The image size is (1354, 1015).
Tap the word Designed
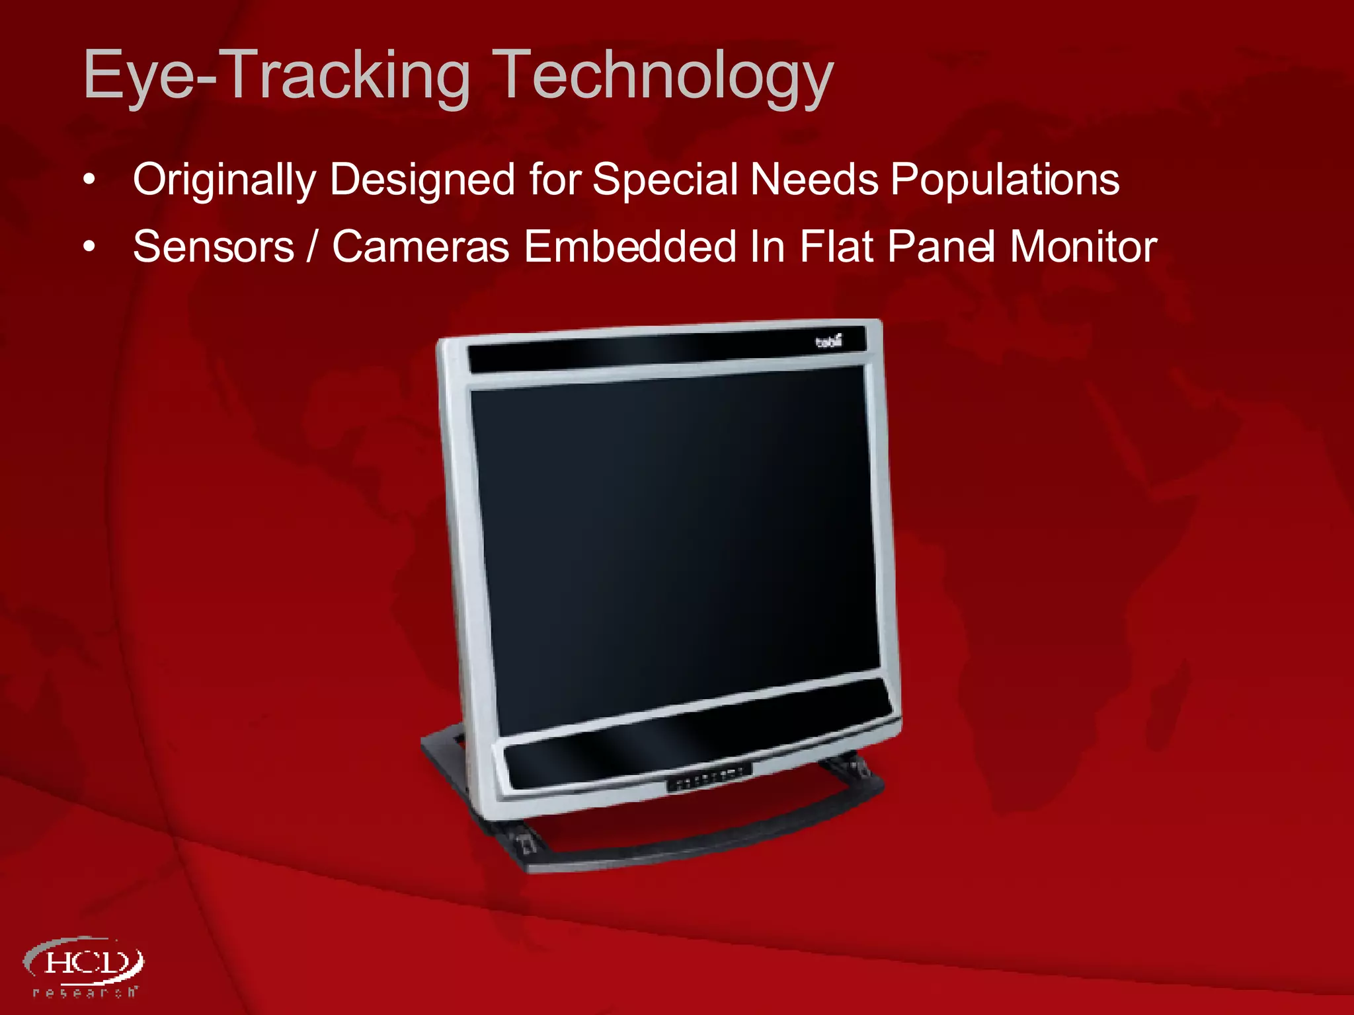tap(422, 180)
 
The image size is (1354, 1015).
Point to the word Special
tap(665, 180)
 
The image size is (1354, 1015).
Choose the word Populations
tap(1005, 180)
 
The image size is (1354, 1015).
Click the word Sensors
tap(214, 247)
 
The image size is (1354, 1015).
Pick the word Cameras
tap(420, 247)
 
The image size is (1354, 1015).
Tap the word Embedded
tap(630, 247)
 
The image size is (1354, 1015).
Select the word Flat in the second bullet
tap(836, 247)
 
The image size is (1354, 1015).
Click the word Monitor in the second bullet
tap(1083, 247)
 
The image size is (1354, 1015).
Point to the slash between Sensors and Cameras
tap(312, 247)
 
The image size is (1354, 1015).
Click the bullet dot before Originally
tap(90, 180)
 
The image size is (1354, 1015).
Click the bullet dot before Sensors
tap(90, 247)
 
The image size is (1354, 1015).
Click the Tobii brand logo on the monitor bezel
tap(828, 342)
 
